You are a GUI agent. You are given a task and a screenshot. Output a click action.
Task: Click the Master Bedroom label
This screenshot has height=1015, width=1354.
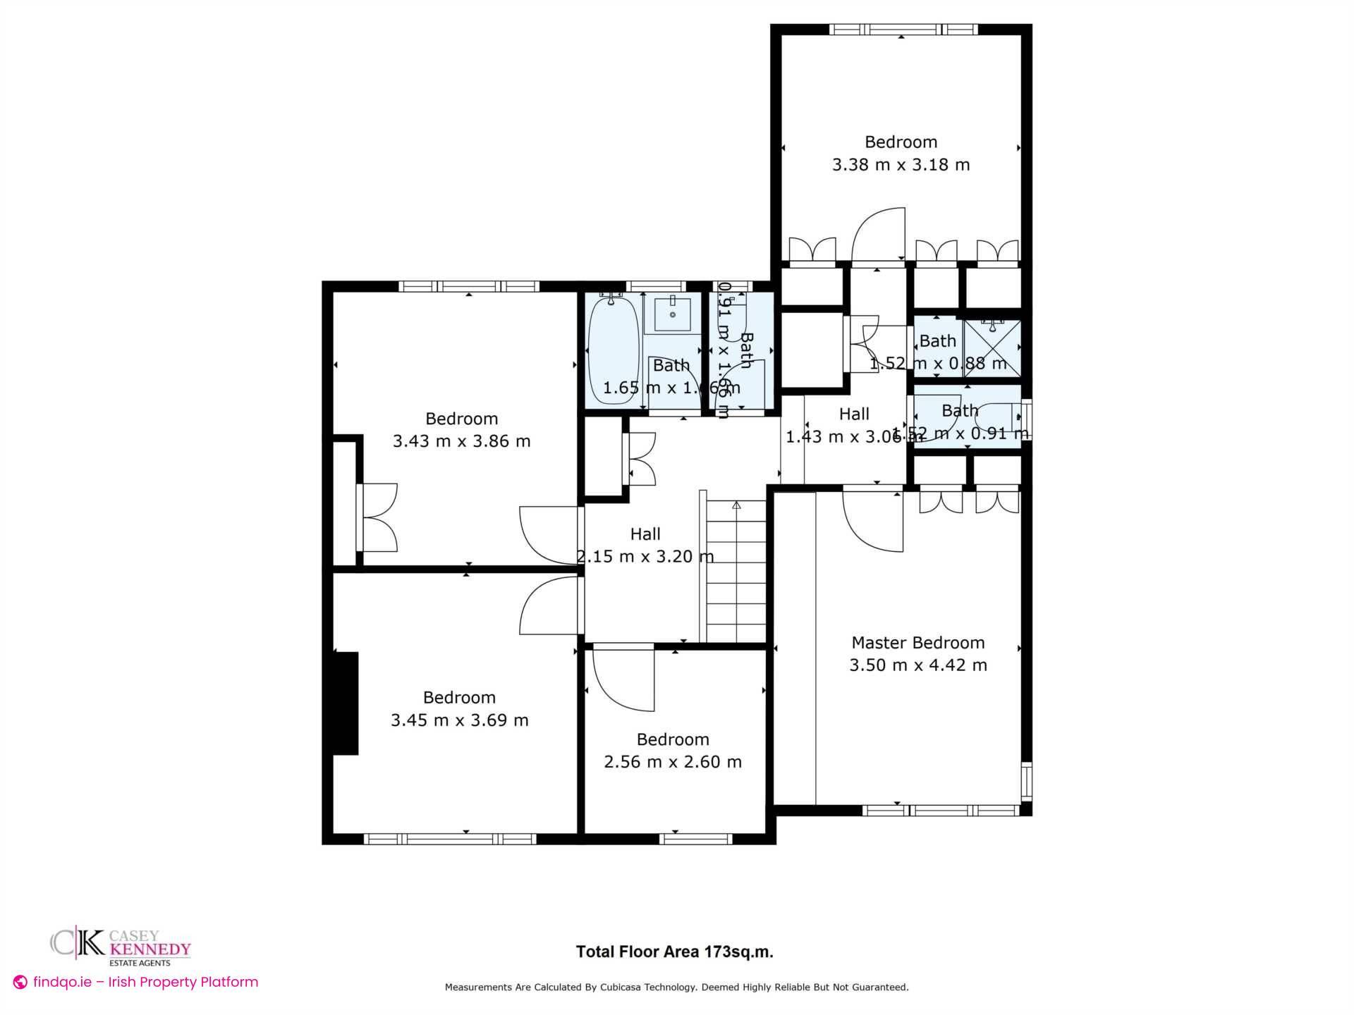point(917,643)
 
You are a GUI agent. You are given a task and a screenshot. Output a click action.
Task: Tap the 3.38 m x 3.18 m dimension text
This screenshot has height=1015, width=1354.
point(901,165)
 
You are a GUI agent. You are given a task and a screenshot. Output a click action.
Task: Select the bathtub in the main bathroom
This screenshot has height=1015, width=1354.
point(613,350)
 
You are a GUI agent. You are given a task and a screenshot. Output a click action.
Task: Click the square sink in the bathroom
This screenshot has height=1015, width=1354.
point(672,314)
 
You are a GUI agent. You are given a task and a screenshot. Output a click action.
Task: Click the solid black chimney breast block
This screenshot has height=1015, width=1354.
point(346,703)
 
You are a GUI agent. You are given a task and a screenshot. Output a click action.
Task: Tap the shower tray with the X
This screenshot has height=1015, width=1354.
point(993,348)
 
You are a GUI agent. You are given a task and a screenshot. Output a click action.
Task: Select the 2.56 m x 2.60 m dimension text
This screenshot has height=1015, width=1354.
point(673,762)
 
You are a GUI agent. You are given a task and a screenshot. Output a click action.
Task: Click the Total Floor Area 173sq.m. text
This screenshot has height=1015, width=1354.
point(674,952)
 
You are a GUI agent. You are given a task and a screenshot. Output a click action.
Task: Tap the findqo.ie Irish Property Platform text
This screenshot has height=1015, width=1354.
point(137,982)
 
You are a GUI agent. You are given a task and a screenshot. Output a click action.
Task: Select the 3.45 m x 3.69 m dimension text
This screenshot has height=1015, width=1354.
point(460,720)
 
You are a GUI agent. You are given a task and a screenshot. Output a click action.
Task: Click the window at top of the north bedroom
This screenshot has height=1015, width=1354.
point(902,30)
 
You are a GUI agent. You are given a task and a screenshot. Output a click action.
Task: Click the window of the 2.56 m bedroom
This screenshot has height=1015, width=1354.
point(695,839)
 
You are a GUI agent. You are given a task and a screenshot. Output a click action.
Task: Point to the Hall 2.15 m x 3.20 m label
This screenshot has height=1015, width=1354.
point(645,546)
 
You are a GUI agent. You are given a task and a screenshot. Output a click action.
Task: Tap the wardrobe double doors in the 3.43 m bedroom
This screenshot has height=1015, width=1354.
point(379,517)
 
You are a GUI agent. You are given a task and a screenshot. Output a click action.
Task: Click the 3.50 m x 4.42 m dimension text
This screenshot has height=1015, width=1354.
point(917,665)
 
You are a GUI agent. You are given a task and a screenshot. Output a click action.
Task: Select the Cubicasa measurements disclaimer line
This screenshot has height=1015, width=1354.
point(676,988)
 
